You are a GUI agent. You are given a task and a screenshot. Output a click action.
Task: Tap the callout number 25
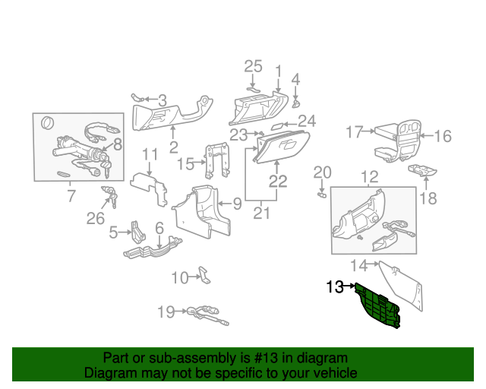253,67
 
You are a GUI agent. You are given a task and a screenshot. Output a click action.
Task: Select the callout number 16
442,136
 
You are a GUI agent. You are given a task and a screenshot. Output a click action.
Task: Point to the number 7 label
71,197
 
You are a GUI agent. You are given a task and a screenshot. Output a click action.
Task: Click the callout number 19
166,311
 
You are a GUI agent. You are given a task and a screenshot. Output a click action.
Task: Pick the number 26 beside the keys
96,220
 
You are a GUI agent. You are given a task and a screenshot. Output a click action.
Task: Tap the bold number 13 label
335,287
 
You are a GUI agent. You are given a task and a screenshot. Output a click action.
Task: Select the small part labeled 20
321,194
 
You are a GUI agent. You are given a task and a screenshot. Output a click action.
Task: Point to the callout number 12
369,178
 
